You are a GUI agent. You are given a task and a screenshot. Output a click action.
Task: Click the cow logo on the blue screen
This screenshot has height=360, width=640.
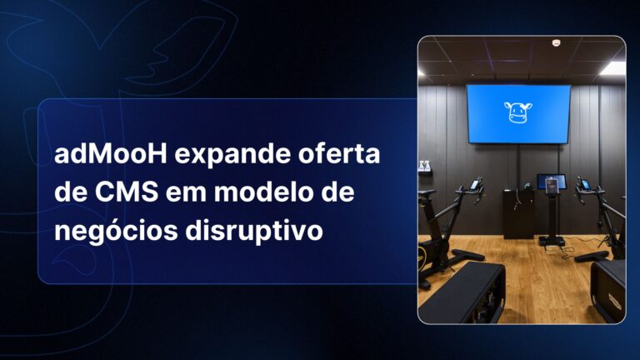[518, 112]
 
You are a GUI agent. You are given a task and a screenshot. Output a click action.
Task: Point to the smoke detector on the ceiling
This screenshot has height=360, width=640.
[556, 42]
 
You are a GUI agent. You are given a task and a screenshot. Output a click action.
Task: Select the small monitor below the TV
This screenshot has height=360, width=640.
[550, 182]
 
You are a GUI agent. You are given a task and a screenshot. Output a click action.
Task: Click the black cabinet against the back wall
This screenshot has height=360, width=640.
[518, 212]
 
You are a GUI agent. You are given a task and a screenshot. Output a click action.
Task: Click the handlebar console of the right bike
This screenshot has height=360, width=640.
[584, 184]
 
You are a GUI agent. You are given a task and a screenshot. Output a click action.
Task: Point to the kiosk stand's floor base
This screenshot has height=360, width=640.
[551, 241]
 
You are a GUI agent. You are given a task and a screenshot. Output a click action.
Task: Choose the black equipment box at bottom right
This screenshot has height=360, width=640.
[610, 287]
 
